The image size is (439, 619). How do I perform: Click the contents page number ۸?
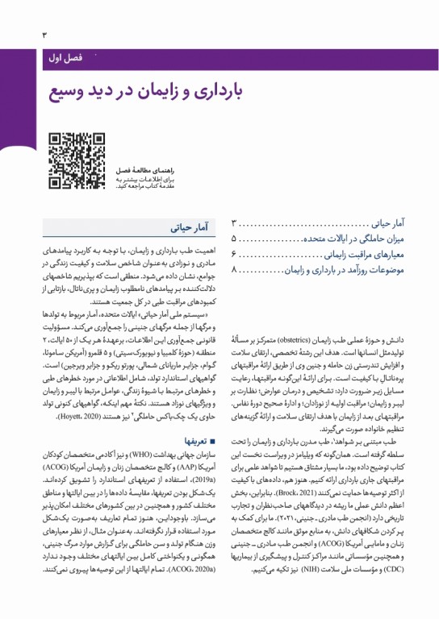tap(234, 268)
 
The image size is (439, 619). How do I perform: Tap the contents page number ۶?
tap(234, 254)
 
